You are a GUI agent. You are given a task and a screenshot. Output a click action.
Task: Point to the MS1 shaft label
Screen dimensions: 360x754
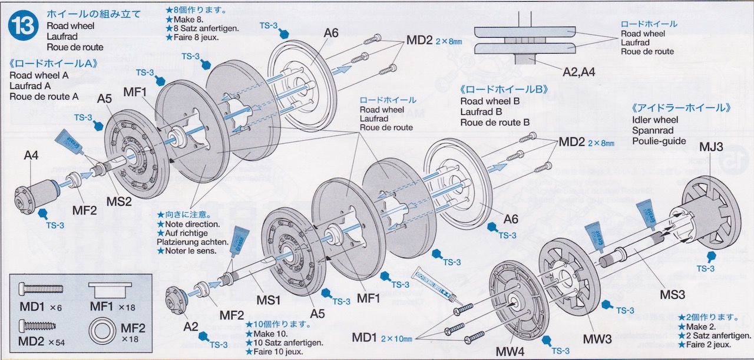tap(269, 299)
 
